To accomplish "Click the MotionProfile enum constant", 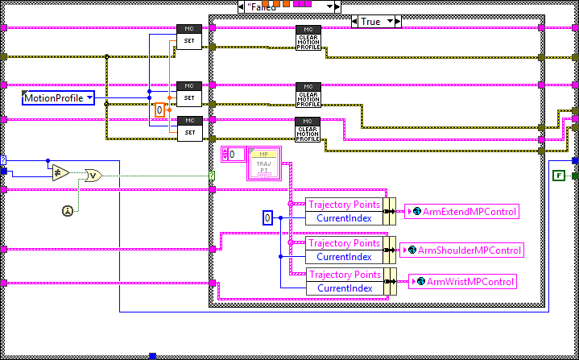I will (x=58, y=98).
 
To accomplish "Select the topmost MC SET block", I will (x=188, y=37).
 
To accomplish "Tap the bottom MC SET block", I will (x=188, y=129).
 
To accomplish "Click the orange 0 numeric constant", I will (x=159, y=110).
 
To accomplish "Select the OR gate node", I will (x=94, y=176).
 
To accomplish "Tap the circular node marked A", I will (x=68, y=211).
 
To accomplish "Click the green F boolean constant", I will (x=558, y=175).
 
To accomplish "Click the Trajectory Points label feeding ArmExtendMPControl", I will (x=344, y=205).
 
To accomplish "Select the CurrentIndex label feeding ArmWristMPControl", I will (x=344, y=288).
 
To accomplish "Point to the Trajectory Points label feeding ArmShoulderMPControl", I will (x=344, y=243).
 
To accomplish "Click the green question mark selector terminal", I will (x=212, y=176).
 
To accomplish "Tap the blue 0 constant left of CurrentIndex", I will (x=269, y=217).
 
